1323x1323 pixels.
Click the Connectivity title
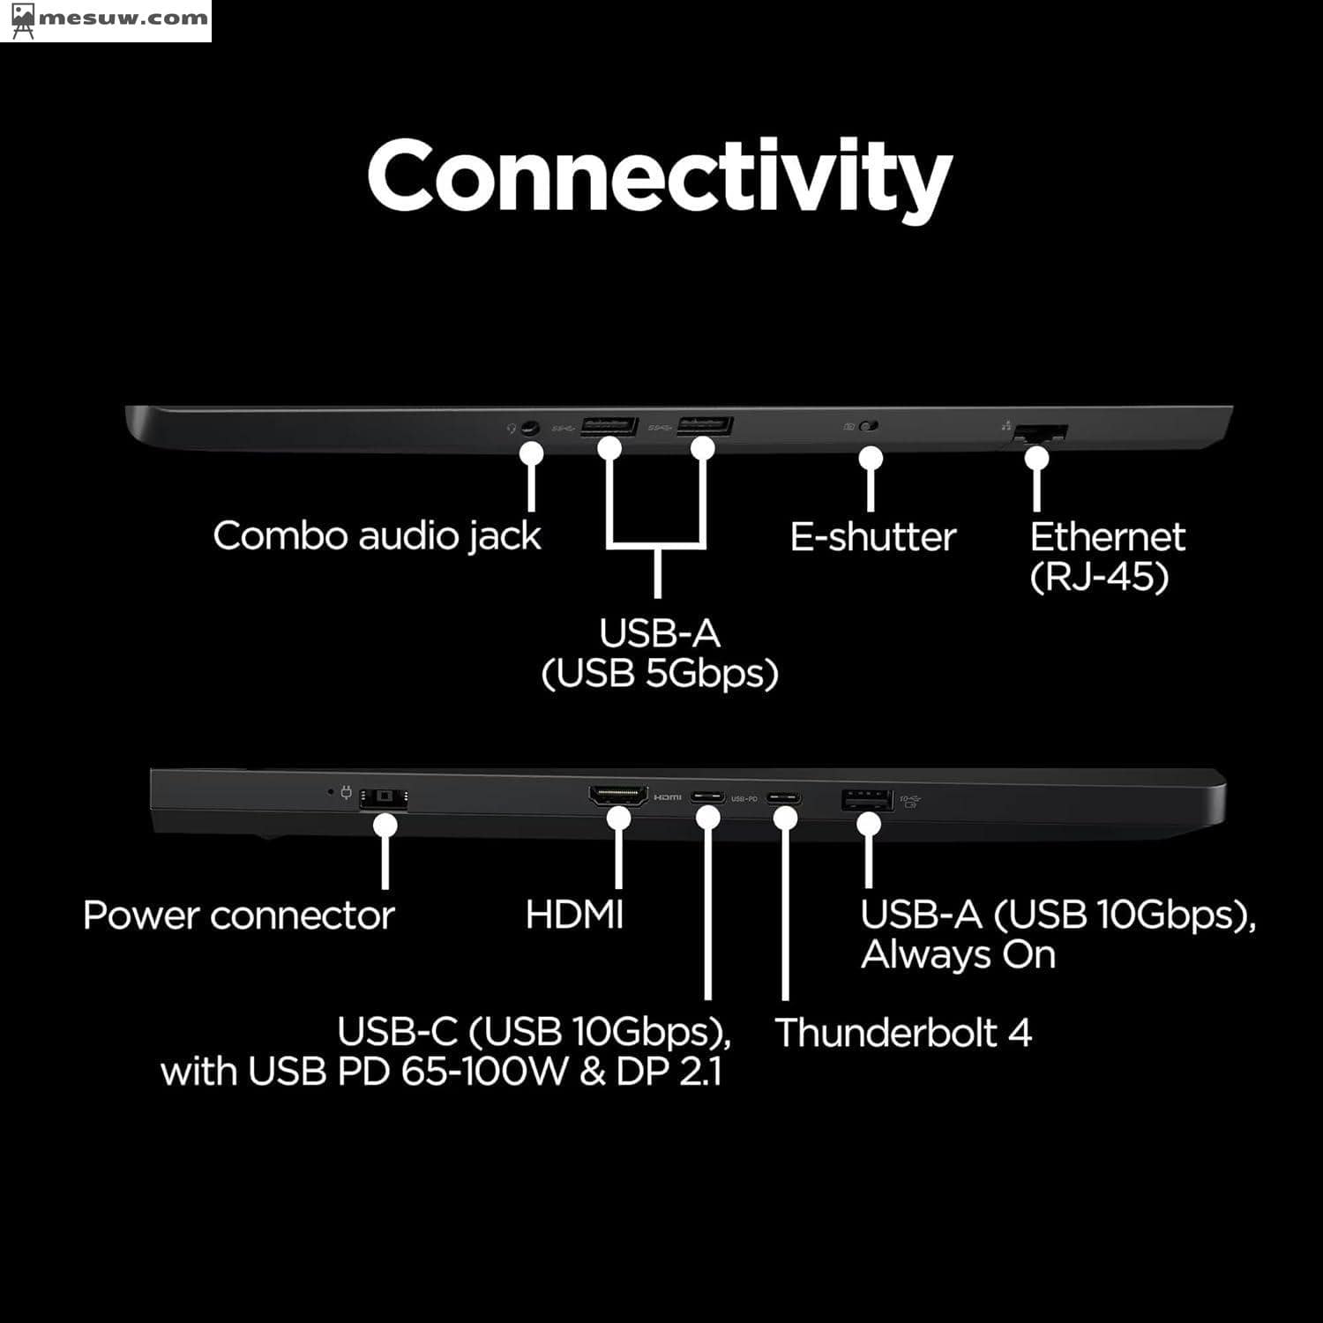point(660,176)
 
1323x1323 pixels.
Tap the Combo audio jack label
point(377,536)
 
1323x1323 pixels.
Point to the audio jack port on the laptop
point(529,428)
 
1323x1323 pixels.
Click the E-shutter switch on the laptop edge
point(869,427)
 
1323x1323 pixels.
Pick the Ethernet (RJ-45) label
point(1107,557)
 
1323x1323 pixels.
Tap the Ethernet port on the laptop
point(1041,433)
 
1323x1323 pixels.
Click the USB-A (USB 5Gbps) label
point(659,653)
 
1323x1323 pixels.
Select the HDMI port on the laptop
point(617,796)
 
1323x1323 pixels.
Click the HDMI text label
point(574,915)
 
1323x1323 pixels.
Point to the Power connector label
point(238,916)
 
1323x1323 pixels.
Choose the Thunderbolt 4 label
point(903,1033)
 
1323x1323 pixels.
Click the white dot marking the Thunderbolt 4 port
point(785,818)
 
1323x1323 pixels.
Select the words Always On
point(958,955)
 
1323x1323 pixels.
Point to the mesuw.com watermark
point(106,19)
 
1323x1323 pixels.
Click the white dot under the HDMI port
point(618,818)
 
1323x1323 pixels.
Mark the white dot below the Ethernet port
point(1037,458)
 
